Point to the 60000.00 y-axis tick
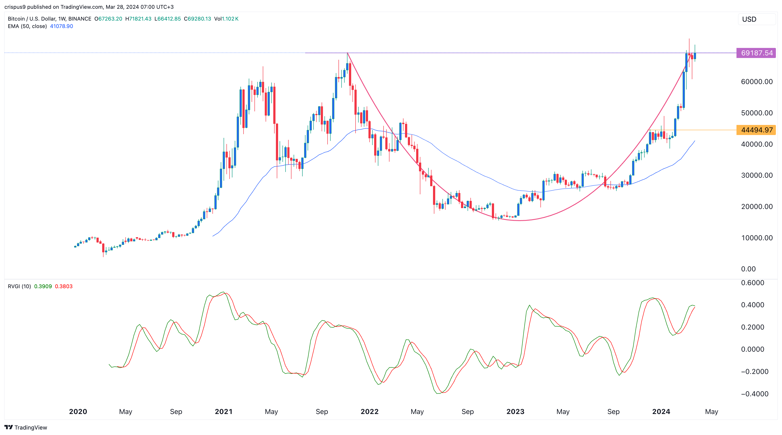756,82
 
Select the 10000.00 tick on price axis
756,238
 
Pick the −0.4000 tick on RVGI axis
754,394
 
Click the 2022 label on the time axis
369,412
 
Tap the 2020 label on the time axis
78,412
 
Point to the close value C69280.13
197,19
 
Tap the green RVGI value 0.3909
43,286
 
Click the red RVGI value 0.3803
63,286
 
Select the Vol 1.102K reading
226,19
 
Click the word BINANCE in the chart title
80,19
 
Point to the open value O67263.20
108,19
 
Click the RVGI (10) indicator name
19,286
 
